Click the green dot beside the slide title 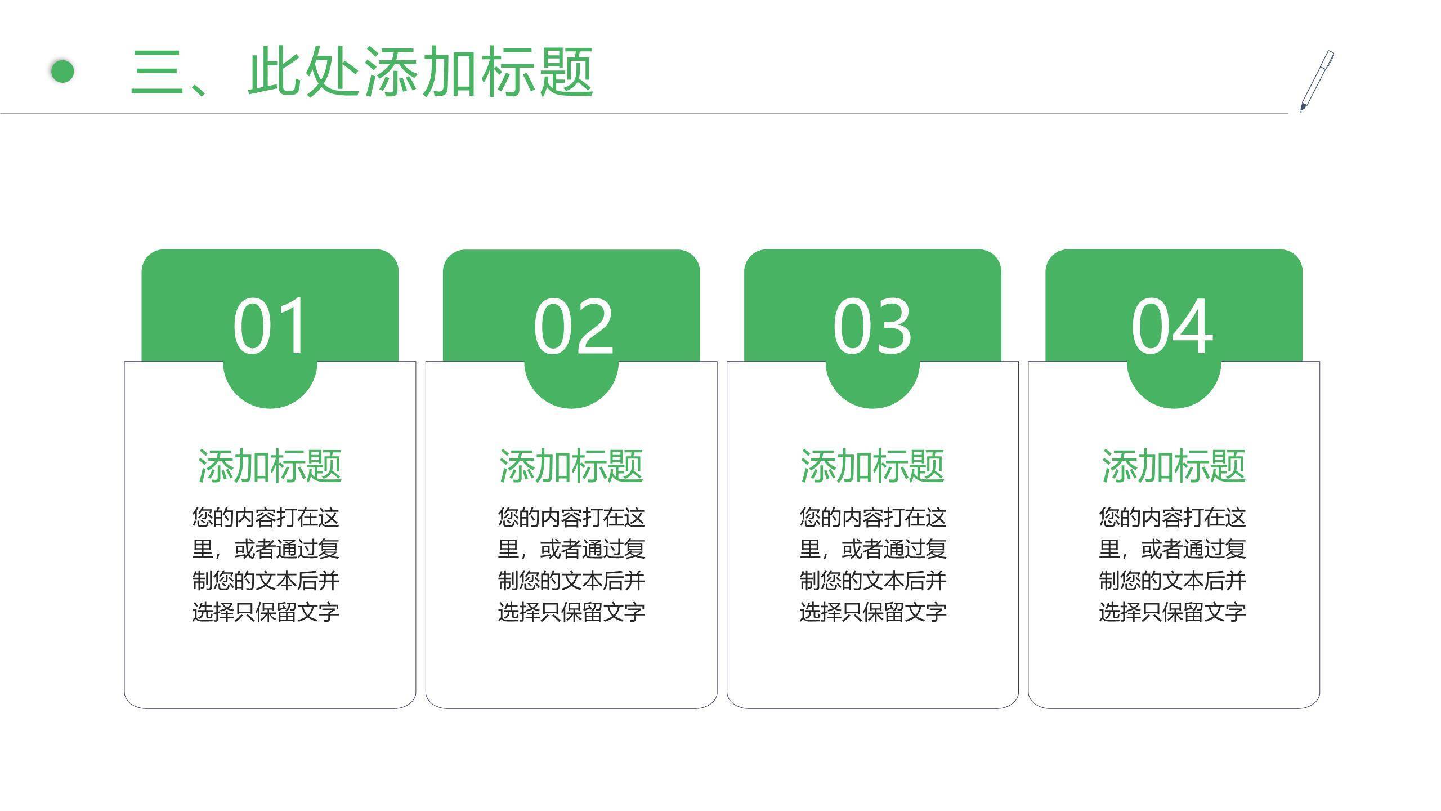[x=62, y=72]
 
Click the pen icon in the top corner [x=1317, y=82]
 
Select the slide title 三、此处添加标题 [x=362, y=72]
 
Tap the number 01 [x=270, y=326]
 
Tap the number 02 [x=573, y=326]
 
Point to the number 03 [x=872, y=326]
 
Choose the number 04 [x=1172, y=326]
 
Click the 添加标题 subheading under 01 [x=270, y=466]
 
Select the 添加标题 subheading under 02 [x=571, y=466]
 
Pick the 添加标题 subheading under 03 [x=872, y=466]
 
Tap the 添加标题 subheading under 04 [x=1174, y=466]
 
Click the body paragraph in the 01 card [x=266, y=564]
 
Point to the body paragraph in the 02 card [x=571, y=564]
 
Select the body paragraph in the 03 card [x=873, y=564]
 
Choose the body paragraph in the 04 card [x=1173, y=564]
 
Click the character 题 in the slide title [x=566, y=72]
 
